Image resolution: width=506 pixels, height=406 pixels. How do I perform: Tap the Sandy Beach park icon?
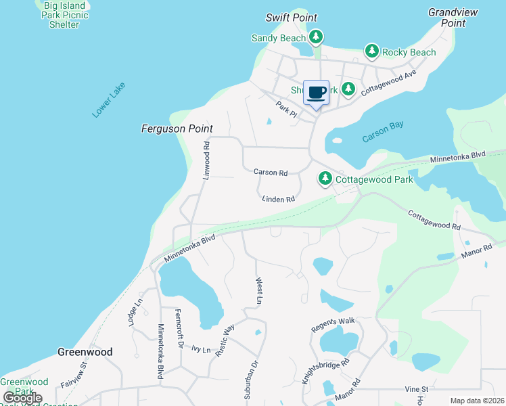[315, 37]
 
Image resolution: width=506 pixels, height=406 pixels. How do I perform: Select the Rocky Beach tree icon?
[371, 51]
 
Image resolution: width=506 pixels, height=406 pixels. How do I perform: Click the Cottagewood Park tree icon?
[326, 179]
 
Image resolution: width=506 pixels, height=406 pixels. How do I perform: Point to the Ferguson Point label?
[177, 129]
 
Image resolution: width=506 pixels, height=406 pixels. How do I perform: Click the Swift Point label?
[292, 18]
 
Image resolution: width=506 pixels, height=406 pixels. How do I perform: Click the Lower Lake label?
[109, 100]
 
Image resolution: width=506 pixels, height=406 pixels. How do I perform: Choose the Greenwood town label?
[85, 352]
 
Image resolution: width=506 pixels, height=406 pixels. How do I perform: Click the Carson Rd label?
[271, 173]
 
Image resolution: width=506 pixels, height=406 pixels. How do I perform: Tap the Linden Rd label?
[279, 199]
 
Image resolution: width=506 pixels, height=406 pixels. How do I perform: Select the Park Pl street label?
[286, 108]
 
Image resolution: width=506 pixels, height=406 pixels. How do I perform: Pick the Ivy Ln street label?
[202, 350]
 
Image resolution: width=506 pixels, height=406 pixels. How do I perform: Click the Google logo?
[22, 398]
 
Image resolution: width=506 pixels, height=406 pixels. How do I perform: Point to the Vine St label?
[417, 389]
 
